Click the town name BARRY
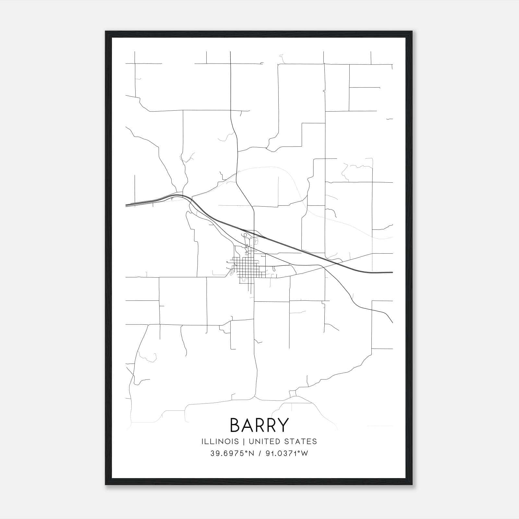pyautogui.click(x=259, y=425)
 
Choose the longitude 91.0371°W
pyautogui.click(x=287, y=453)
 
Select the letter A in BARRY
pyautogui.click(x=247, y=425)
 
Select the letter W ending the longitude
pyautogui.click(x=305, y=453)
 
